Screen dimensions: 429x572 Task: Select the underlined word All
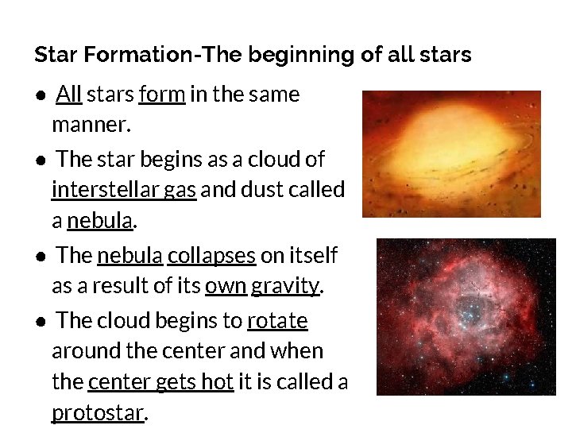70,95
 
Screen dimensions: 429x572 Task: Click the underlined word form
161,95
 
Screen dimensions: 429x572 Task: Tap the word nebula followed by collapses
129,255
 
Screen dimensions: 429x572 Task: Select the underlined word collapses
212,255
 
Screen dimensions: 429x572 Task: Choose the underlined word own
225,285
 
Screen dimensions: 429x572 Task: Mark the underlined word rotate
277,320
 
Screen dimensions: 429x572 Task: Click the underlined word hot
217,382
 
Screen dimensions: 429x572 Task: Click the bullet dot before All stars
40,95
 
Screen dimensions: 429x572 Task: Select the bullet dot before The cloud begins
40,321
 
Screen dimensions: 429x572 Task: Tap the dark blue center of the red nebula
469,318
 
